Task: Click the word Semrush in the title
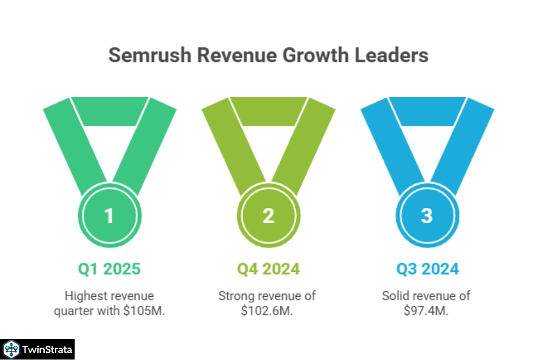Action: coord(142,55)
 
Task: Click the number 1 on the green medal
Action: coord(110,216)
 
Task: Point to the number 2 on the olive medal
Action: coord(268,216)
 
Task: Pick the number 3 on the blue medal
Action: coord(427,216)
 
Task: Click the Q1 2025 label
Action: coord(109,269)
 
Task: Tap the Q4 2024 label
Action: coord(268,269)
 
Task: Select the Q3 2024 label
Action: coord(427,269)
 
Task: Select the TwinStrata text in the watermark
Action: coord(47,350)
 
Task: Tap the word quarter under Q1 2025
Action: coord(72,310)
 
